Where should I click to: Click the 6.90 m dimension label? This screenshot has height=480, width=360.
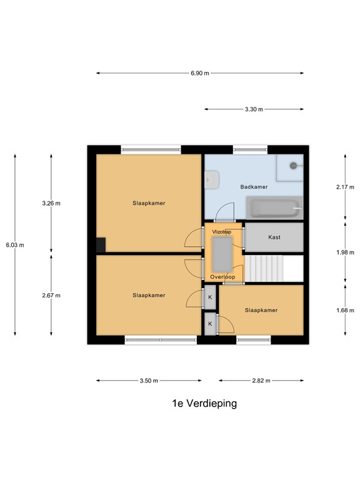(200, 73)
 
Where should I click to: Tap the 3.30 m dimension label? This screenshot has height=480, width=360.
(254, 109)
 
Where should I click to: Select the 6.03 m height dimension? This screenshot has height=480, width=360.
(15, 245)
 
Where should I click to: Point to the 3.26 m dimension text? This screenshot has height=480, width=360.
(51, 203)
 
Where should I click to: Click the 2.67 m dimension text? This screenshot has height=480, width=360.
(51, 296)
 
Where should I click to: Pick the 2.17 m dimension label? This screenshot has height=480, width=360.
(345, 187)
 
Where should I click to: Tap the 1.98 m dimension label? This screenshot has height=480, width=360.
(345, 252)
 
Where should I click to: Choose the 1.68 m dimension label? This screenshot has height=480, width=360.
(345, 311)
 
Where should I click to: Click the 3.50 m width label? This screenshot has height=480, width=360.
(149, 381)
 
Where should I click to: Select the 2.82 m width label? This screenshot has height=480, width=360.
(261, 381)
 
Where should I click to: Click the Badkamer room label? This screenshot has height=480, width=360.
(254, 187)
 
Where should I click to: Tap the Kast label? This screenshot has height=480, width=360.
(274, 237)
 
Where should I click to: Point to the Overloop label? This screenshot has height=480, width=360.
(222, 277)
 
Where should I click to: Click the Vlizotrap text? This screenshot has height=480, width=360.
(222, 232)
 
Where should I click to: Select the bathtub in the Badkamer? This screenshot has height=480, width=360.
(274, 208)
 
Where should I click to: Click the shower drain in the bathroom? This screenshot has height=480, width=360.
(293, 166)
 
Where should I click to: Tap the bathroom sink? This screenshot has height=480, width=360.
(212, 180)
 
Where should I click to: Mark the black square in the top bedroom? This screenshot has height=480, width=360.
(101, 245)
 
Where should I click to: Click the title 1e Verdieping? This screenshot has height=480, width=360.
(204, 404)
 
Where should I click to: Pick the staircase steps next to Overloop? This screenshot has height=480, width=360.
(264, 269)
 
